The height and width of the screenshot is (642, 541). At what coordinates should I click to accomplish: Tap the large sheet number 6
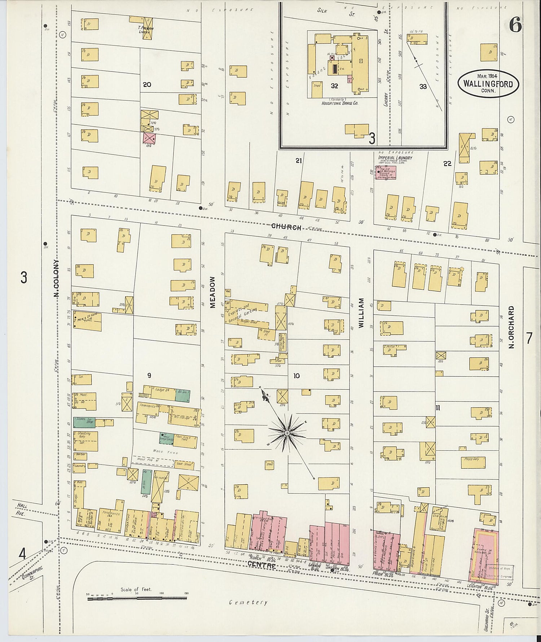pyautogui.click(x=515, y=25)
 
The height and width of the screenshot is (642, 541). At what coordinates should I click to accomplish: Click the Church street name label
pyautogui.click(x=286, y=227)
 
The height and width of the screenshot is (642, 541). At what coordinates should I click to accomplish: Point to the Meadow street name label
pyautogui.click(x=213, y=292)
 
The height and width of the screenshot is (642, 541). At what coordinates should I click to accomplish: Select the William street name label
pyautogui.click(x=361, y=313)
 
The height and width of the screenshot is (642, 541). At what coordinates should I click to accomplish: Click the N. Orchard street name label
pyautogui.click(x=511, y=327)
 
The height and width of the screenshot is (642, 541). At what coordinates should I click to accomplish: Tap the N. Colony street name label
pyautogui.click(x=56, y=278)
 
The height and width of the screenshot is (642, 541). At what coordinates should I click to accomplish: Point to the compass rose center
pyautogui.click(x=287, y=432)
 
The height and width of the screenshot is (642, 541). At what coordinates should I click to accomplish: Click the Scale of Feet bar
pyautogui.click(x=137, y=598)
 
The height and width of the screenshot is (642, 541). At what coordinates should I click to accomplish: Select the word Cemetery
pyautogui.click(x=248, y=602)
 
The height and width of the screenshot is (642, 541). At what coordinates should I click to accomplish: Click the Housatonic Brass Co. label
pyautogui.click(x=340, y=103)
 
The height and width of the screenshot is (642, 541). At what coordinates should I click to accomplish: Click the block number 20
pyautogui.click(x=147, y=85)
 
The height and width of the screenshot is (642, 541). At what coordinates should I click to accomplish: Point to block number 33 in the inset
pyautogui.click(x=423, y=87)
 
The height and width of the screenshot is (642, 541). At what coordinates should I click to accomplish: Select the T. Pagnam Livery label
pyautogui.click(x=146, y=30)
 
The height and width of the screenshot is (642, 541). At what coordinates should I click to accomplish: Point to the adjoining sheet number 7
pyautogui.click(x=529, y=338)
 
